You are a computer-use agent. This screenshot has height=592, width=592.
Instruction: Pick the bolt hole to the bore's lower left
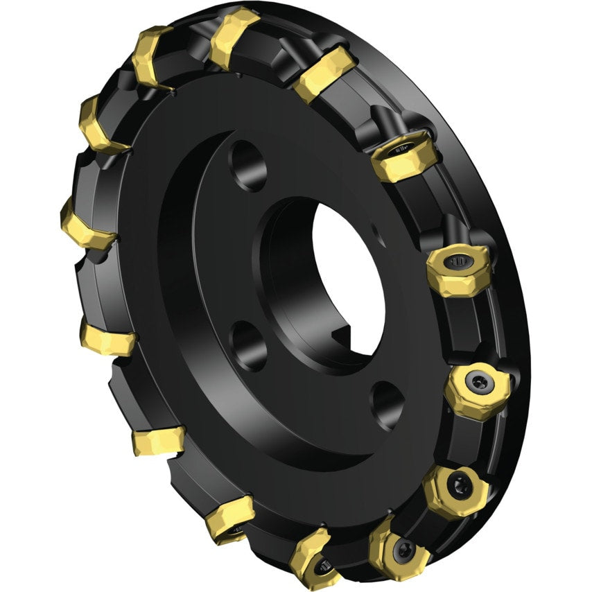[x=247, y=345]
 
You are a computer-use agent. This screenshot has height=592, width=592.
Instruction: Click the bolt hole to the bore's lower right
[x=387, y=404]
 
